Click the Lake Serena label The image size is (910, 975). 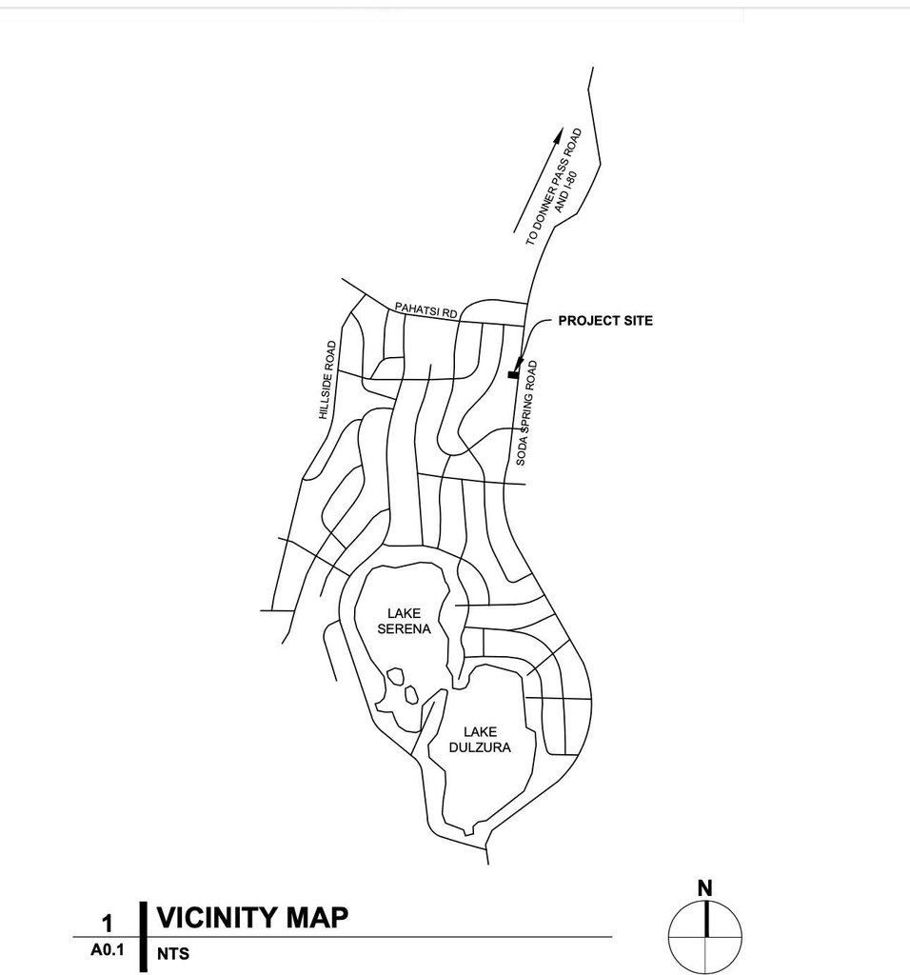(405, 621)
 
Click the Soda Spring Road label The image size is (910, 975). (526, 412)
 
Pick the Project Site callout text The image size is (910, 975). (605, 321)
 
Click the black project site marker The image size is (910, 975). (514, 374)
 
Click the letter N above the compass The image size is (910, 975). (704, 888)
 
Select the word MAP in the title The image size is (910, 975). (318, 918)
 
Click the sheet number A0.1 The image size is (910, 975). (108, 950)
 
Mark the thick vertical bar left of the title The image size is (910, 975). (143, 936)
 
